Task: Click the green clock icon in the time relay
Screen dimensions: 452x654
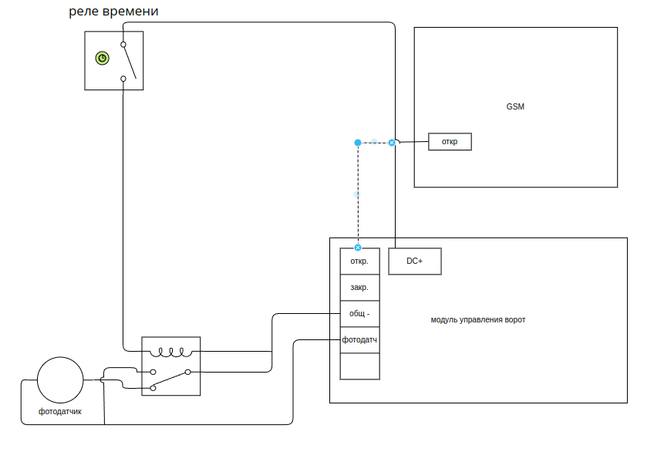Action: (x=102, y=58)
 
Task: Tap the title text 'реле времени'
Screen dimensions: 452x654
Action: (x=114, y=11)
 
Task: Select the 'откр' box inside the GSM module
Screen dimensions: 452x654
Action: (x=450, y=142)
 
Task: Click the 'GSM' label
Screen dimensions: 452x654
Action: (x=515, y=106)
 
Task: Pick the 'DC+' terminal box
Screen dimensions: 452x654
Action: (x=414, y=261)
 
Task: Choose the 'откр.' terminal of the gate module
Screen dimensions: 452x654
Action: (x=359, y=261)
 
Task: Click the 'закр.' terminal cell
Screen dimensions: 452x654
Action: (x=359, y=287)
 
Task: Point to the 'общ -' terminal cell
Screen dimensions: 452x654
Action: (x=359, y=314)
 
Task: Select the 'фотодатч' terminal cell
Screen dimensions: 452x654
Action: (x=359, y=340)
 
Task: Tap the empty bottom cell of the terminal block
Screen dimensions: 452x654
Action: (x=359, y=366)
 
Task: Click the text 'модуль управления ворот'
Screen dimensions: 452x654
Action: (x=478, y=319)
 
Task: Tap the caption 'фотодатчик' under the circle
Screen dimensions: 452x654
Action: (x=60, y=411)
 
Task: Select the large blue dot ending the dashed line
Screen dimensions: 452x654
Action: (x=358, y=143)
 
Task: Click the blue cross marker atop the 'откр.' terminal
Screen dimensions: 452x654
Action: (x=358, y=248)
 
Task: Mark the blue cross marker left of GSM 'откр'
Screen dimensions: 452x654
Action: (x=392, y=143)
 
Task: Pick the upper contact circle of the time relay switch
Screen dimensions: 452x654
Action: (x=123, y=45)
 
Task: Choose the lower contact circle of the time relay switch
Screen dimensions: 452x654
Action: (x=123, y=78)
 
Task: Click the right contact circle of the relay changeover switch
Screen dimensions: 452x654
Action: (x=187, y=372)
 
